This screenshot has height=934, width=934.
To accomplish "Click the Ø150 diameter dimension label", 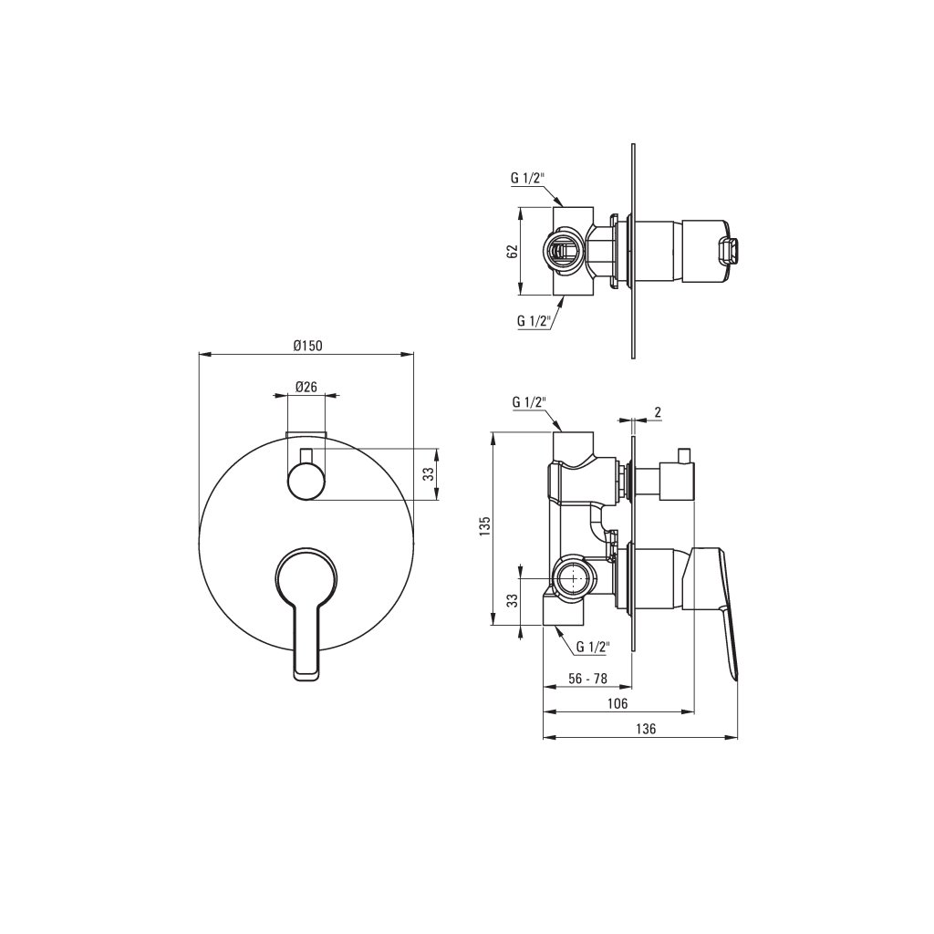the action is [x=307, y=346].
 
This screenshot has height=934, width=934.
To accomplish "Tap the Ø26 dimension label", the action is [x=306, y=387].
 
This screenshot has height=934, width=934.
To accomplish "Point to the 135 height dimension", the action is [x=485, y=527].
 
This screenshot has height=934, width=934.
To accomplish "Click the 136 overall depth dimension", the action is [x=646, y=729].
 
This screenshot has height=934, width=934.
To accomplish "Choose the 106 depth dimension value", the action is [x=617, y=703].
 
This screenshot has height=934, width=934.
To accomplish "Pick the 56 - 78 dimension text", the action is [x=586, y=678].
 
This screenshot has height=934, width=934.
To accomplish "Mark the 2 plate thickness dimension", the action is [x=658, y=412].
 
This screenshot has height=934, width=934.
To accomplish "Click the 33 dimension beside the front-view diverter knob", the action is [x=428, y=474].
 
